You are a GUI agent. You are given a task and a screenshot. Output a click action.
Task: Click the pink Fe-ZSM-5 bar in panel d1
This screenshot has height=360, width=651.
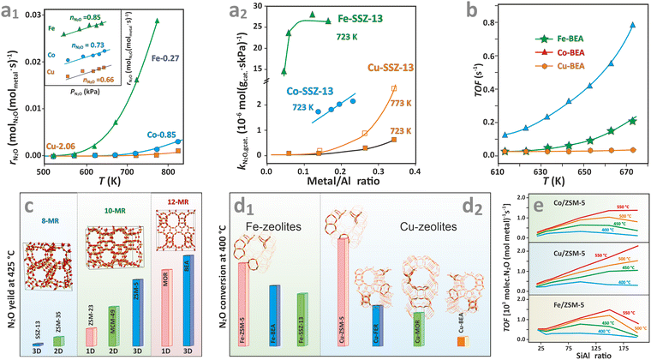(x=243, y=299)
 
